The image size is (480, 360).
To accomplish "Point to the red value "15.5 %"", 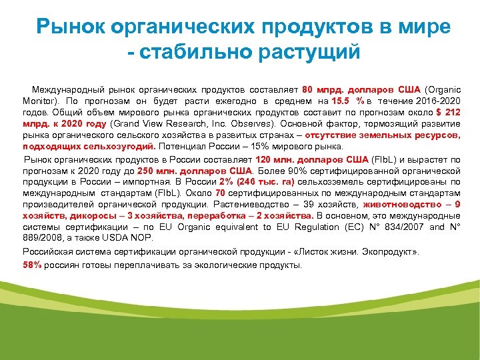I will click(349, 101).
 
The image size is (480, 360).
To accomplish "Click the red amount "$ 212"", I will click(446, 112).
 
